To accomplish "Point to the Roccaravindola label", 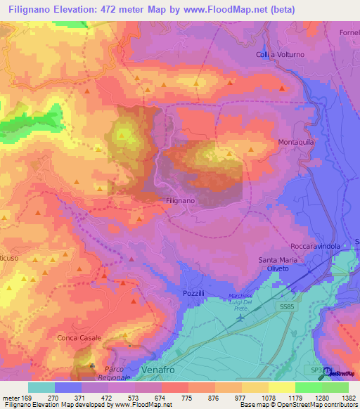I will [x=315, y=247].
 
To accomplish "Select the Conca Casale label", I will [x=79, y=338].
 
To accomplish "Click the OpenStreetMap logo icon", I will [x=326, y=372].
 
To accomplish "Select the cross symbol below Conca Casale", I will [x=91, y=366].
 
